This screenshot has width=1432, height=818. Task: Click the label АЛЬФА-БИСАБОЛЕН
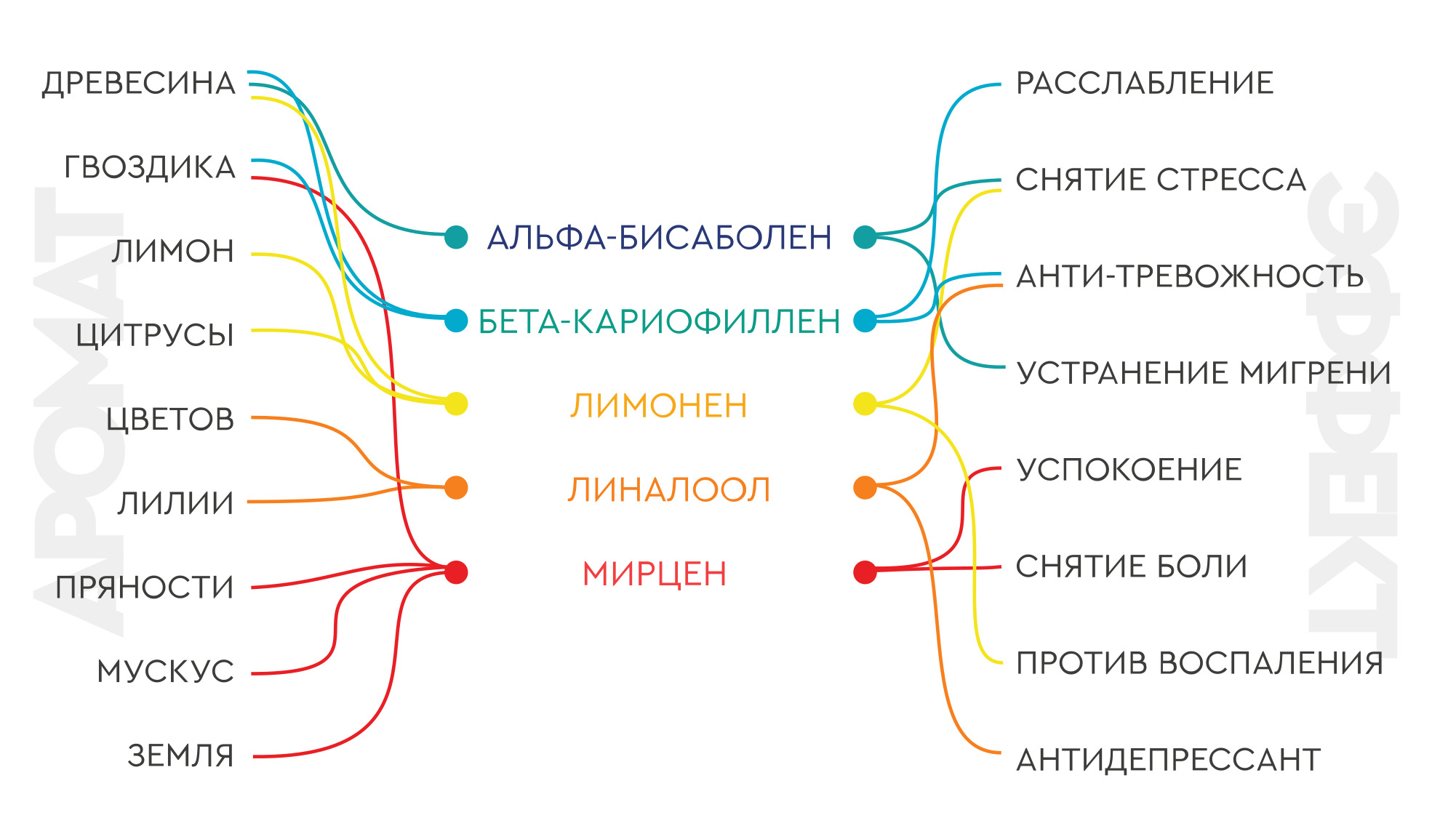(660, 238)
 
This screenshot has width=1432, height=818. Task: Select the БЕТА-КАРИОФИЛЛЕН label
(660, 321)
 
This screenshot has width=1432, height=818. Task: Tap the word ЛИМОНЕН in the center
(659, 406)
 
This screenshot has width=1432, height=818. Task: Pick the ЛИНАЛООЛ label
(668, 489)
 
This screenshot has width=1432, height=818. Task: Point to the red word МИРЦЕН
(655, 574)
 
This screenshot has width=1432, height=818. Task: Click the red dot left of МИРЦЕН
(456, 572)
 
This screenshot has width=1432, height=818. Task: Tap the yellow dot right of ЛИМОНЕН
(865, 404)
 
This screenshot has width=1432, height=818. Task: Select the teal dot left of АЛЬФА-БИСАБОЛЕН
(456, 237)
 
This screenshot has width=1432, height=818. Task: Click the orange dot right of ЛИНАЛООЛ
(865, 487)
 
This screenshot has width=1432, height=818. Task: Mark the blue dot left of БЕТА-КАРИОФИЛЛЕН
(456, 321)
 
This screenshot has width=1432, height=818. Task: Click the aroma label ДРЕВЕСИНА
(139, 84)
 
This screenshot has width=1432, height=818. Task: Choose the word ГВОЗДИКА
(150, 167)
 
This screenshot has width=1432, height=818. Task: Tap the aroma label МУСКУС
(166, 671)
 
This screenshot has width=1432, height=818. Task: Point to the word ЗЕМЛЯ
(181, 755)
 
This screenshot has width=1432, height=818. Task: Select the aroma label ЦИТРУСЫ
(155, 335)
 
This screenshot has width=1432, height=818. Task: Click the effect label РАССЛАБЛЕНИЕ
(1145, 83)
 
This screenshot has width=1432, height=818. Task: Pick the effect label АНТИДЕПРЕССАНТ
(1169, 760)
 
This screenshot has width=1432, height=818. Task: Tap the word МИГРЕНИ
(1315, 373)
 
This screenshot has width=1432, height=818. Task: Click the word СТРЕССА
(1231, 180)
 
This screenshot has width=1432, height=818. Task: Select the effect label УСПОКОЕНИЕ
(1129, 470)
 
